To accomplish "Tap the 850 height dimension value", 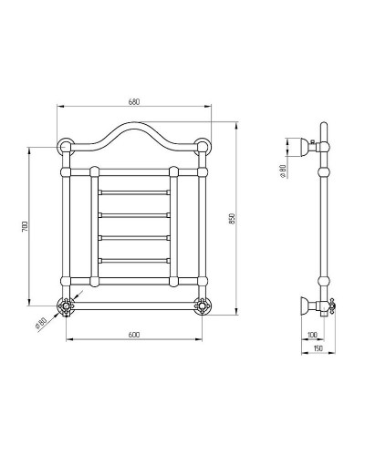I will pos(233,221).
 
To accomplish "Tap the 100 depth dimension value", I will pos(316,337).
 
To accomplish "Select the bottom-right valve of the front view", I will pos(202,305).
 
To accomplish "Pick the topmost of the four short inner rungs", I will pos(133,192).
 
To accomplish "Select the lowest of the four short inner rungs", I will pos(133,259).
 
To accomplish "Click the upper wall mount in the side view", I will pos(306,142).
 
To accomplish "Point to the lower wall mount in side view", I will pos(306,305).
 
